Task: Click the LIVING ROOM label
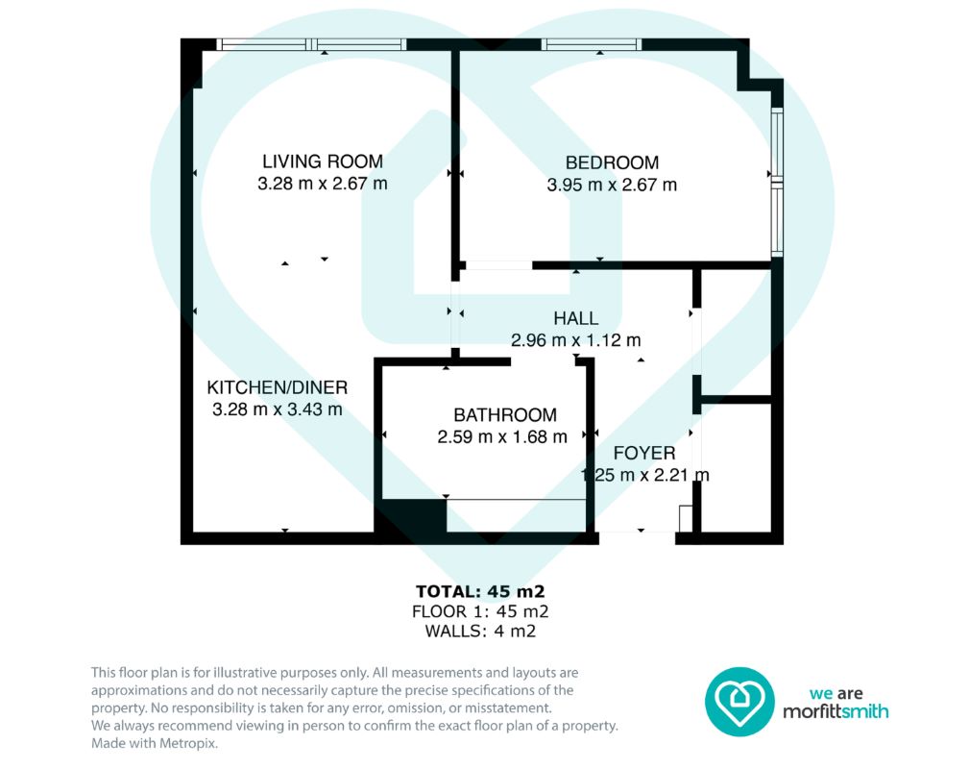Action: [x=323, y=161]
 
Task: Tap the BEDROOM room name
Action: [x=612, y=162]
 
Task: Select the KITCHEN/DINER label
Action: [x=277, y=388]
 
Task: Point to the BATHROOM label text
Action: [x=505, y=414]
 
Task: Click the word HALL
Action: [x=576, y=318]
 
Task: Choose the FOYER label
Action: [x=644, y=453]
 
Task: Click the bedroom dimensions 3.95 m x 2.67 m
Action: [x=612, y=185]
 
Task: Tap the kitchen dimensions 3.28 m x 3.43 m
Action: [x=277, y=409]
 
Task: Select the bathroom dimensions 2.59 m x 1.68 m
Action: [x=502, y=436]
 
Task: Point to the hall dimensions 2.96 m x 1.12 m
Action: [x=576, y=340]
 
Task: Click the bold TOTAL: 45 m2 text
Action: [x=480, y=592]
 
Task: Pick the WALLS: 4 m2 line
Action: [x=480, y=631]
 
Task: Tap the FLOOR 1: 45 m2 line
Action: [x=480, y=612]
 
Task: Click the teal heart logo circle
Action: [x=739, y=702]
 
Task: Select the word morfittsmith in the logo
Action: [x=836, y=712]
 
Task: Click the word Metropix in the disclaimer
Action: [x=188, y=743]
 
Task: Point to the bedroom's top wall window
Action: [x=592, y=44]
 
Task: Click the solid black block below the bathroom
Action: [x=410, y=514]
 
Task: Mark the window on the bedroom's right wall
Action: [x=778, y=182]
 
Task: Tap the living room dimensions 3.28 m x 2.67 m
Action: [x=323, y=184]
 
